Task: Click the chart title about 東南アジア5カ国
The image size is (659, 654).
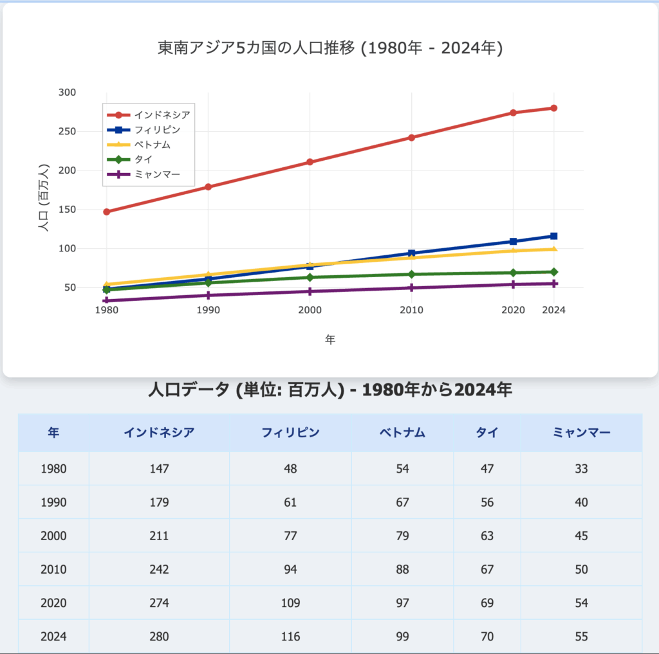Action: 329,48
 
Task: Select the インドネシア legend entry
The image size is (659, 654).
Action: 162,115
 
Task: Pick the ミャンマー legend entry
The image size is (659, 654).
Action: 157,174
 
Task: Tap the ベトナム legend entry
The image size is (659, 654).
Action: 153,145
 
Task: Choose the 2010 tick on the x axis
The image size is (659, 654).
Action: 411,310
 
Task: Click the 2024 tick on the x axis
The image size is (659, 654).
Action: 553,310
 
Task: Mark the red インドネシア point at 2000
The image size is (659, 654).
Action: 310,162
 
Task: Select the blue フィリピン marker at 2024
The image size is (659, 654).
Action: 553,236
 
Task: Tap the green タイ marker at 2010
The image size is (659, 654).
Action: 411,275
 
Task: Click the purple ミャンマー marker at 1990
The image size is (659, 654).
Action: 209,295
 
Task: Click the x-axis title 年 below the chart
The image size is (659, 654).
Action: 329,340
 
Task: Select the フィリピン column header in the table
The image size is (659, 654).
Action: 290,433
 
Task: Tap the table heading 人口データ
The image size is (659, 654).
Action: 329,390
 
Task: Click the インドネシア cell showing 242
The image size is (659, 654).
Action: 159,569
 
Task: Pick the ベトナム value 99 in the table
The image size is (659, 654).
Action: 402,637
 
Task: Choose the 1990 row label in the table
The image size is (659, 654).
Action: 53,502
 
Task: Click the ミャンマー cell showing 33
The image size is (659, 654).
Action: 581,469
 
